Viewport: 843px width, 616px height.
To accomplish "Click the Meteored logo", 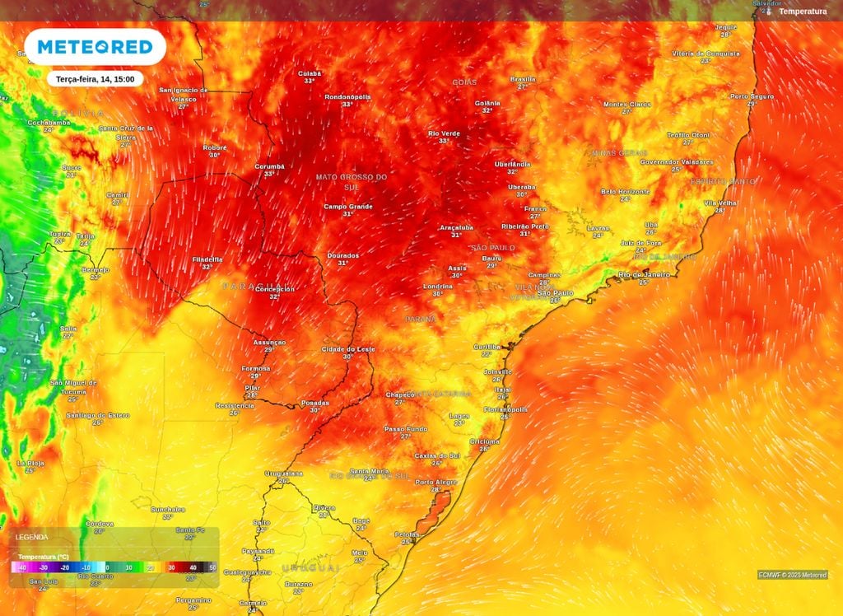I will [x=95, y=47].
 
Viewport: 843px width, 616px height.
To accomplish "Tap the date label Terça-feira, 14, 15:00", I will [x=95, y=79].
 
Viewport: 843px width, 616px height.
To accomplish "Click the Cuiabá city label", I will [x=310, y=73].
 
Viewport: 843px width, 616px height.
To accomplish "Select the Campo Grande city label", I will [x=348, y=207].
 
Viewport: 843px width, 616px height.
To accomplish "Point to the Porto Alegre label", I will [x=435, y=483].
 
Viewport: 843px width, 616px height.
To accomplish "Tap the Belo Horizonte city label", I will [x=626, y=191].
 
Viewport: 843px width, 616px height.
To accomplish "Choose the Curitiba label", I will [x=487, y=347].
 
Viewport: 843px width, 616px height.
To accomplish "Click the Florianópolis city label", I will [x=505, y=409].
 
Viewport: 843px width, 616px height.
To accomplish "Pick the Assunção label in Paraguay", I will [x=269, y=342].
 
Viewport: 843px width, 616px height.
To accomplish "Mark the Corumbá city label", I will [x=269, y=166].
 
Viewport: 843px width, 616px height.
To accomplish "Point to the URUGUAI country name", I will [x=310, y=568].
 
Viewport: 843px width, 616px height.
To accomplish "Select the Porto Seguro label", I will [x=752, y=96].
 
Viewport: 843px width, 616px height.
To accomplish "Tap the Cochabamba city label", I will [x=49, y=123].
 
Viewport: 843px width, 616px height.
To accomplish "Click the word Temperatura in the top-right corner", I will [x=803, y=12].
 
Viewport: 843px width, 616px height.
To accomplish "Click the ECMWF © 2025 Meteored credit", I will [x=793, y=575].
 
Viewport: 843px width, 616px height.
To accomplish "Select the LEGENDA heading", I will [x=31, y=537].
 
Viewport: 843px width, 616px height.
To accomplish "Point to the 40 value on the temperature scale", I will [x=193, y=568].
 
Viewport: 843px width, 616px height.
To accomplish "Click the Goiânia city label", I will [x=487, y=103].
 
